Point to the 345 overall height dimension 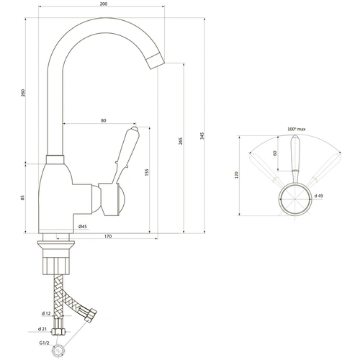pos(202,136)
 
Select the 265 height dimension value pos(181,141)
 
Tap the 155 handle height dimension pos(147,172)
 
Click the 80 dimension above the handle pos(103,120)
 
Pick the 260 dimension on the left pos(23,93)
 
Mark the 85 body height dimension pos(22,198)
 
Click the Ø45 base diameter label pos(82,226)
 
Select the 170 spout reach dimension pos(108,236)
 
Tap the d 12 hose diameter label pos(46,313)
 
